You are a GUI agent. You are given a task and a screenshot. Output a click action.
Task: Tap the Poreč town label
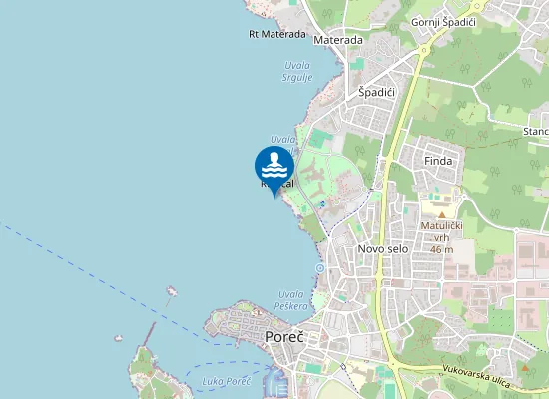[284, 337]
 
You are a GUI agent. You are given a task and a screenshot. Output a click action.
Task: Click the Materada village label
[338, 41]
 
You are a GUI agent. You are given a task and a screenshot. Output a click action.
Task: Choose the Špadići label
[377, 92]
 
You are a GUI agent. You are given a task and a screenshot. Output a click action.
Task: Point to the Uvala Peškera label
[290, 299]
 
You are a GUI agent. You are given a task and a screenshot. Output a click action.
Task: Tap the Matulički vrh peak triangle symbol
[440, 214]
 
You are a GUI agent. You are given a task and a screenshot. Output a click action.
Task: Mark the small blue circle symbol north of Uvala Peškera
[319, 268]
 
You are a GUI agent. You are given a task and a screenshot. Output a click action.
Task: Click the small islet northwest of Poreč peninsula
[172, 292]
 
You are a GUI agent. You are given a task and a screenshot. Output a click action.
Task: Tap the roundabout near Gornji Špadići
[423, 49]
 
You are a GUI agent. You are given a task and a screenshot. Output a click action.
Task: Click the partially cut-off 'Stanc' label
[535, 131]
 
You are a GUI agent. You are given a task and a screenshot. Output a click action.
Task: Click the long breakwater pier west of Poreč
[151, 332]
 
